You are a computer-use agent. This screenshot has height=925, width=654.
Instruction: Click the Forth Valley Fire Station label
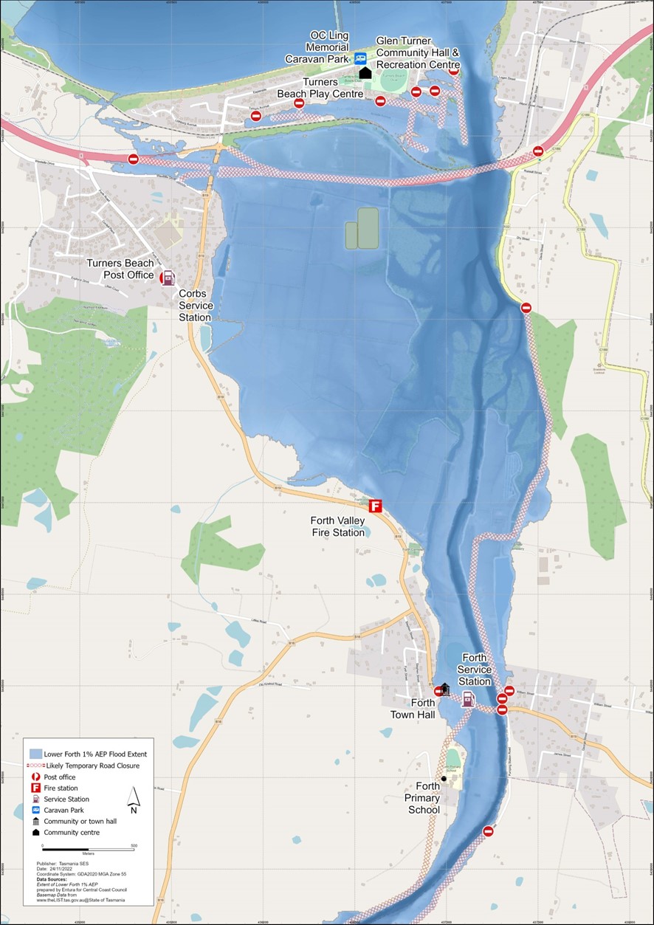(x=337, y=526)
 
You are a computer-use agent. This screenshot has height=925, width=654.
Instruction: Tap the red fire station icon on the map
(x=375, y=506)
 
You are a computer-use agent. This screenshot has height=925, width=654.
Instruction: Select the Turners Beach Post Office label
(x=121, y=269)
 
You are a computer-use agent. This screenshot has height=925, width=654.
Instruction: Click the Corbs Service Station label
(x=195, y=305)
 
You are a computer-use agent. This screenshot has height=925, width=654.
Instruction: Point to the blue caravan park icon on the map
(x=360, y=58)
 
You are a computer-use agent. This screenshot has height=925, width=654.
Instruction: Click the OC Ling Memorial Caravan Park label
(x=328, y=47)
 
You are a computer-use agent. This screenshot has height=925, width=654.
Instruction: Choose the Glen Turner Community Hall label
(x=417, y=52)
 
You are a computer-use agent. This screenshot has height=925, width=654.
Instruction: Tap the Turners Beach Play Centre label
(x=320, y=88)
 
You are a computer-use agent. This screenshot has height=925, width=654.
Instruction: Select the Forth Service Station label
(x=474, y=669)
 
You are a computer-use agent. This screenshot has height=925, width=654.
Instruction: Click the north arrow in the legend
(x=134, y=798)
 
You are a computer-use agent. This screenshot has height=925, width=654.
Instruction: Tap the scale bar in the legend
(x=88, y=846)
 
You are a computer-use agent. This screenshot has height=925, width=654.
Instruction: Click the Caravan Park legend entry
(x=63, y=810)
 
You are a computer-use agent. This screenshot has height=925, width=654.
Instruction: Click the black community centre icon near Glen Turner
(x=365, y=72)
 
